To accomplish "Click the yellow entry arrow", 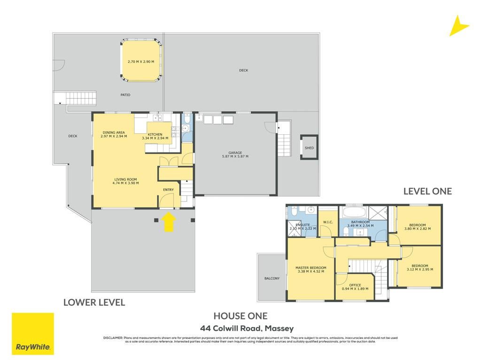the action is (x=169, y=222).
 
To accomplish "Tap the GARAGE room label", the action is (x=235, y=153).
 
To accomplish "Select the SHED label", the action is (x=309, y=148).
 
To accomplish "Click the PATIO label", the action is (x=125, y=95).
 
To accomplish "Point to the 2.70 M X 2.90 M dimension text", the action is (x=141, y=61).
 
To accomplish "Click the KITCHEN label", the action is (x=155, y=135).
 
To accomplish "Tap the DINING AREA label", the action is (x=114, y=133).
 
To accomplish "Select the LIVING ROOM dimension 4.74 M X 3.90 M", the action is (x=125, y=183).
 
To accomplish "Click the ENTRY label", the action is (x=168, y=190).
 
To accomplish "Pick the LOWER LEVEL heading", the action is (x=94, y=303).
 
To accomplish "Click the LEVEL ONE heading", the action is (x=427, y=191).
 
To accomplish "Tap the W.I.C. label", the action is (x=328, y=222).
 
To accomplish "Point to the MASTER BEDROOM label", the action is (x=311, y=268).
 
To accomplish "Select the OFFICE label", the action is (x=355, y=285).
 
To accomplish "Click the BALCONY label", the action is (x=272, y=278).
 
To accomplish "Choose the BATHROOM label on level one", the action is (x=360, y=222).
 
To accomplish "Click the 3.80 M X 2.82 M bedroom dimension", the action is (x=417, y=229).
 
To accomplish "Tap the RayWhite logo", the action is (x=33, y=334).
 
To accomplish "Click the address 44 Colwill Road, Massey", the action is (x=247, y=329).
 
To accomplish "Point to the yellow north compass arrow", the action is (x=458, y=26).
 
